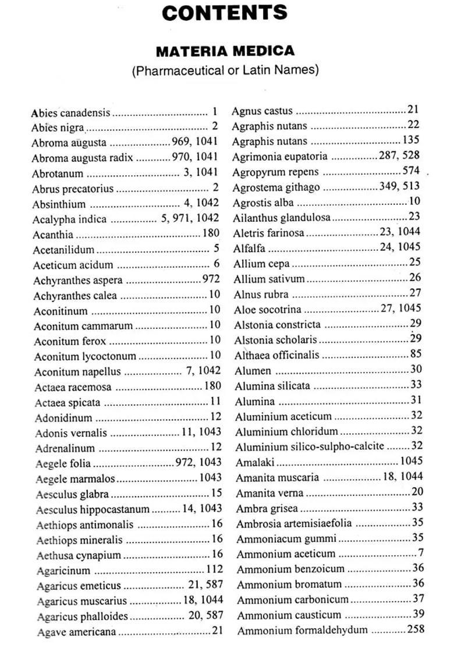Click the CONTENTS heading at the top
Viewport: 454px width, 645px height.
click(225, 12)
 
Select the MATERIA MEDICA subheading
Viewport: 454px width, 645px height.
click(225, 51)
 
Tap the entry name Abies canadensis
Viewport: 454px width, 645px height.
click(70, 112)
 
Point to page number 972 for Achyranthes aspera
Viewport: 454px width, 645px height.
click(211, 279)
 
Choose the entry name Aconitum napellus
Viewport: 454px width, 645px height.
click(77, 371)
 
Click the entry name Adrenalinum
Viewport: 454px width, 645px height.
click(65, 448)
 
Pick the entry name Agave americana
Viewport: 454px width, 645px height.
click(76, 632)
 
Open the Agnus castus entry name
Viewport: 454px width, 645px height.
click(262, 111)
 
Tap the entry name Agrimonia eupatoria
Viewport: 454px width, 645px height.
click(280, 156)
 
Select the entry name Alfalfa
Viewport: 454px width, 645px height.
click(249, 248)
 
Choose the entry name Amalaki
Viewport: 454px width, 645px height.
click(255, 462)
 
